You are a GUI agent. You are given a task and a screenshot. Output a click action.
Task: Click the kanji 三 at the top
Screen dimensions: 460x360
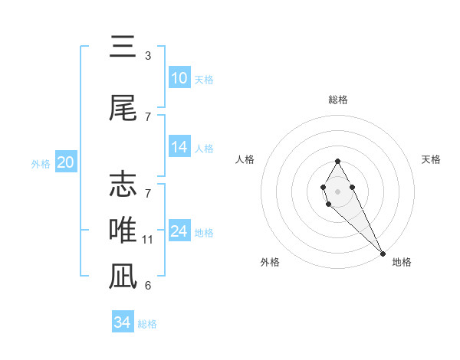pyautogui.click(x=123, y=46)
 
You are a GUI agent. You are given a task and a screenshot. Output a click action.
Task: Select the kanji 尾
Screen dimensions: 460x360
pyautogui.click(x=123, y=107)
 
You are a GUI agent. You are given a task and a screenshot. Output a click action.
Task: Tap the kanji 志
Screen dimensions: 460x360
pyautogui.click(x=123, y=184)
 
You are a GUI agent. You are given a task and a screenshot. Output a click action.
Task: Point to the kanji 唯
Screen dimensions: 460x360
pyautogui.click(x=123, y=230)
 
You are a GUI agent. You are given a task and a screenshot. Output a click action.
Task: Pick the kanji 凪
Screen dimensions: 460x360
pyautogui.click(x=123, y=276)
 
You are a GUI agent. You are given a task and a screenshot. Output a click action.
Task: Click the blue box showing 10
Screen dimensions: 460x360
pyautogui.click(x=179, y=77)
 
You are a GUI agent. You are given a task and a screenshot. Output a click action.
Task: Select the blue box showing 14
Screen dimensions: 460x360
pyautogui.click(x=179, y=146)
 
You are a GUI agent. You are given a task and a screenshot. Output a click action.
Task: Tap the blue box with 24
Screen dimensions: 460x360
pyautogui.click(x=179, y=230)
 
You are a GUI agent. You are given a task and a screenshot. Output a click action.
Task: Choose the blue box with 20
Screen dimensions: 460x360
pyautogui.click(x=66, y=162)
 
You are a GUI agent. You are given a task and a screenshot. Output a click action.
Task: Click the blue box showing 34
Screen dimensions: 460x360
pyautogui.click(x=123, y=321)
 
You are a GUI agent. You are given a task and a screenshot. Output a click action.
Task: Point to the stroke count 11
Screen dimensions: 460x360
pyautogui.click(x=147, y=240)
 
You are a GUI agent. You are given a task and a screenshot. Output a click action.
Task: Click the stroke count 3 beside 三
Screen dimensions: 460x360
pyautogui.click(x=148, y=56)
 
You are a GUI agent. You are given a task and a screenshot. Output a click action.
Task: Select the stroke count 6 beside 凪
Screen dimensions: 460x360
pyautogui.click(x=148, y=286)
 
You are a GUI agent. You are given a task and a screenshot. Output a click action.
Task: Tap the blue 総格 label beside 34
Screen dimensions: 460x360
pyautogui.click(x=147, y=324)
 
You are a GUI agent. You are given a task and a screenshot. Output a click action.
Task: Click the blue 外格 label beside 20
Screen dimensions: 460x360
pyautogui.click(x=41, y=164)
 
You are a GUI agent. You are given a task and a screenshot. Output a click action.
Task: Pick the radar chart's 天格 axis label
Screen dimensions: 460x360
pyautogui.click(x=431, y=159)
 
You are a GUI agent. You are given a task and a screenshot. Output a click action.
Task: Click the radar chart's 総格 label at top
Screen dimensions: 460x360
pyautogui.click(x=338, y=100)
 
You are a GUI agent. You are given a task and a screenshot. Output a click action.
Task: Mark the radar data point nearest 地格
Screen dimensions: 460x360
pyautogui.click(x=383, y=254)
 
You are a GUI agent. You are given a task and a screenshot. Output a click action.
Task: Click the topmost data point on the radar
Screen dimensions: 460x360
pyautogui.click(x=337, y=161)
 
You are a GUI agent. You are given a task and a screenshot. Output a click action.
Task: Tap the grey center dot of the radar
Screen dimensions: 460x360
pyautogui.click(x=337, y=191)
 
